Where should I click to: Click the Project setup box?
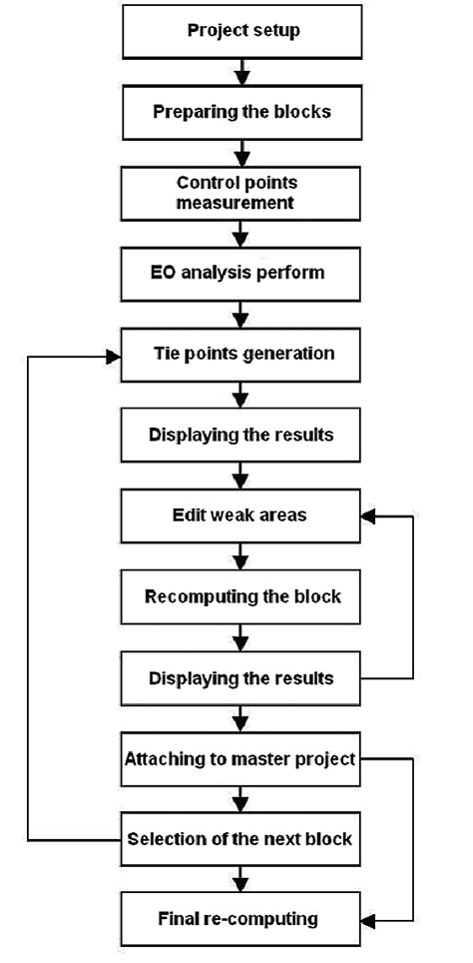click(239, 31)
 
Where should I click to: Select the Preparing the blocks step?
click(239, 112)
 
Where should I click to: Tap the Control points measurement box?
click(239, 193)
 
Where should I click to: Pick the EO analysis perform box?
click(239, 273)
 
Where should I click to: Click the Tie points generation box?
click(239, 354)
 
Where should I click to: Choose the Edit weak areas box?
click(239, 516)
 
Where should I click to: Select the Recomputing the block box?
click(239, 597)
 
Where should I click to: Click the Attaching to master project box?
click(239, 759)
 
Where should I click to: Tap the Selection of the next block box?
click(239, 839)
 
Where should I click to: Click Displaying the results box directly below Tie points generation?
click(239, 435)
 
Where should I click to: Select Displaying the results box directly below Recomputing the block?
click(239, 678)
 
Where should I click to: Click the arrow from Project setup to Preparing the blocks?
click(239, 72)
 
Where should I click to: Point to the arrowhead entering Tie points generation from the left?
click(112, 355)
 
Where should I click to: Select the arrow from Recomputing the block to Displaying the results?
click(239, 638)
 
